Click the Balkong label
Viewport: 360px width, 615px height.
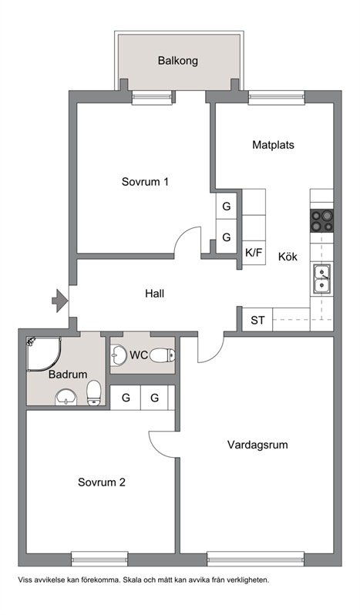[x=177, y=61]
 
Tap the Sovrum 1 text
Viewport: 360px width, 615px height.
[x=145, y=182]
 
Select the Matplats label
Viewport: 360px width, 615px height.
[x=273, y=145]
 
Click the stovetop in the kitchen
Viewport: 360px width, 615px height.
[x=322, y=220]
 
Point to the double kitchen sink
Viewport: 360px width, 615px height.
[x=322, y=279]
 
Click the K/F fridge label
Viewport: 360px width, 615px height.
[x=254, y=253]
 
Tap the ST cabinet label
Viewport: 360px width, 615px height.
[x=257, y=321]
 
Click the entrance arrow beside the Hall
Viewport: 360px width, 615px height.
[x=60, y=301]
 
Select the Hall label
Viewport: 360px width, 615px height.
[x=154, y=294]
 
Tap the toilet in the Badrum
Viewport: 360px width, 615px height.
[x=94, y=392]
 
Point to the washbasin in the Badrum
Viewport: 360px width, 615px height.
[x=66, y=397]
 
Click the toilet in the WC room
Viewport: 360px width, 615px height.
[x=163, y=355]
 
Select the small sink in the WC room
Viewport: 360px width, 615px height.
[x=117, y=355]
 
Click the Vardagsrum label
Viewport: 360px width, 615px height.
[x=257, y=445]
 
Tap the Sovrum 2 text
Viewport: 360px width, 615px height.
[x=102, y=482]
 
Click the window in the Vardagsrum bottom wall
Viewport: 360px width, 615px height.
[x=256, y=559]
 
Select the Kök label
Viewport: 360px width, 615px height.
[x=288, y=257]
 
